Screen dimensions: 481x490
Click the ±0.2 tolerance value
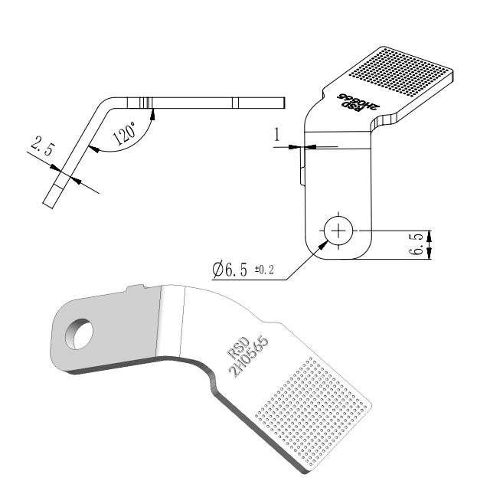point(265,269)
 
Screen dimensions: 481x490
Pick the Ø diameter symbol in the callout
point(218,270)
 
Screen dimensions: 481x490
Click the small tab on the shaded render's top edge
point(136,288)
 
